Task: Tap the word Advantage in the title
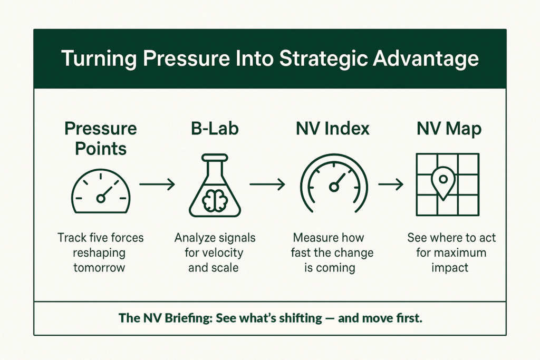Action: [426, 59]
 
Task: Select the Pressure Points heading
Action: [101, 138]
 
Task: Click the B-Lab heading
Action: [215, 129]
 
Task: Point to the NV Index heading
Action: [333, 129]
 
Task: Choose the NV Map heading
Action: [449, 130]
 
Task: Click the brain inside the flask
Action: [215, 200]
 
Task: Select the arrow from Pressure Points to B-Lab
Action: [157, 184]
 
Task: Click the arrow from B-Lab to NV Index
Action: [267, 184]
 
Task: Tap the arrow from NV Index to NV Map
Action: [391, 184]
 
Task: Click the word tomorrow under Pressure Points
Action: [99, 268]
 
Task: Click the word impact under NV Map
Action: [450, 268]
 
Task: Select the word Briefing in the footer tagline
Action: [188, 318]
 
